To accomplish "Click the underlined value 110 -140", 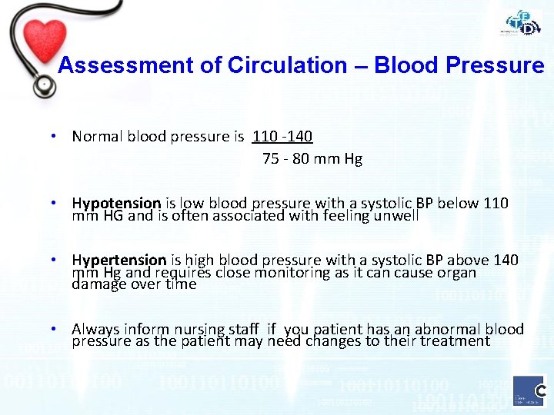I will pos(282,137).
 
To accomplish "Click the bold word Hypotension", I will pos(116,204).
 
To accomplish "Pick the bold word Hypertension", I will pos(119,261).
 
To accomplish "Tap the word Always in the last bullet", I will pos(97,330).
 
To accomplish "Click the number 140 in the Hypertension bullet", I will pos(504,261).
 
